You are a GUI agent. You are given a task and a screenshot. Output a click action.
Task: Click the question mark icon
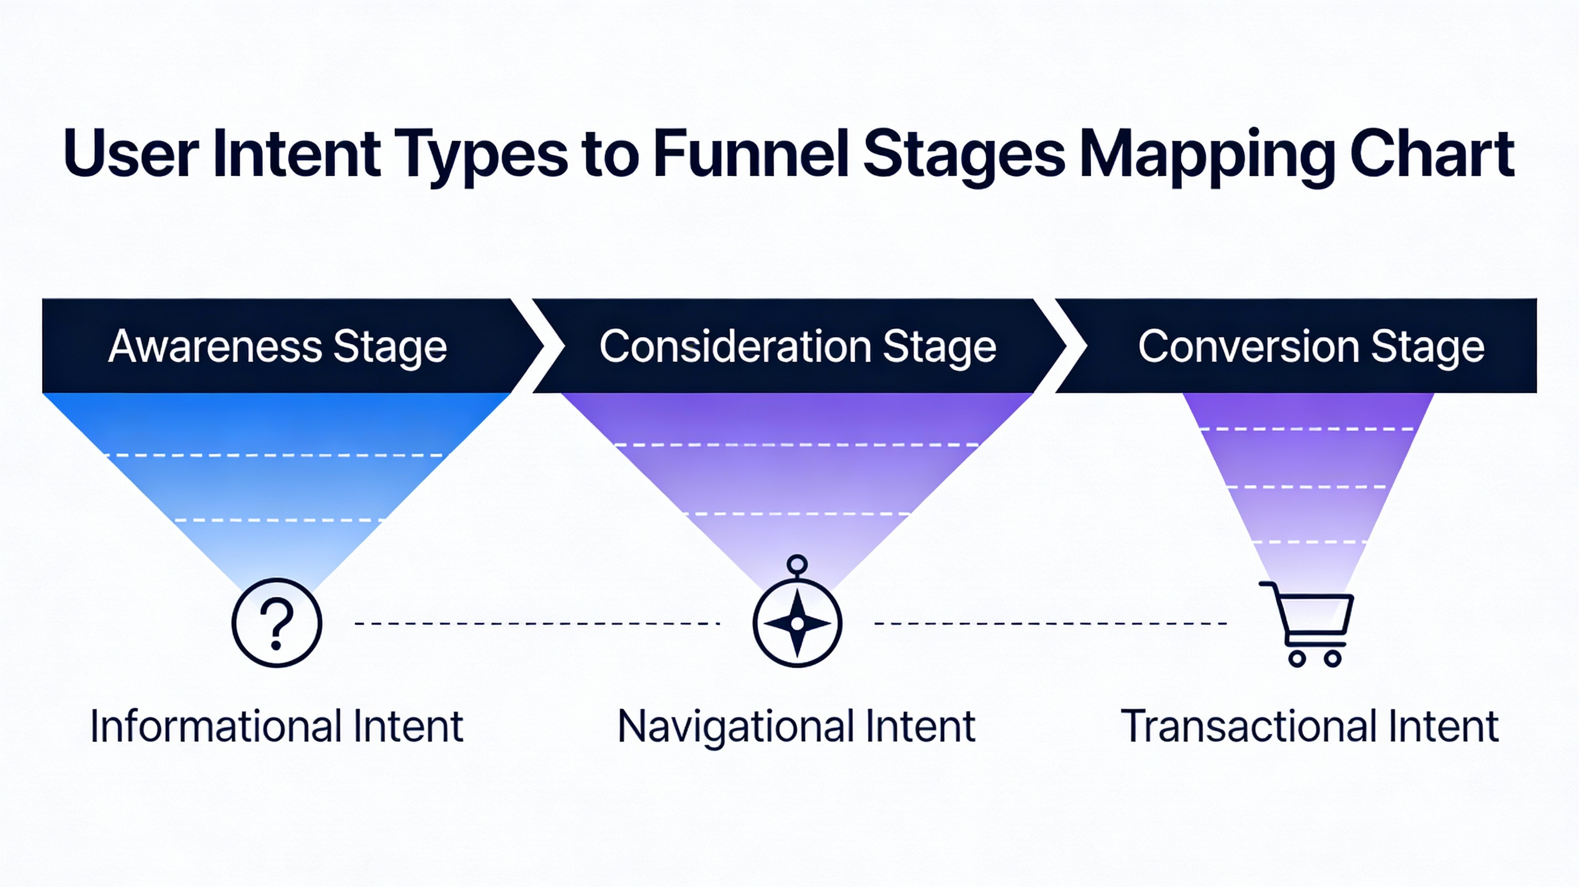click(277, 623)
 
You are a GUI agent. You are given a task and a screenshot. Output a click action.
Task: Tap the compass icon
click(797, 623)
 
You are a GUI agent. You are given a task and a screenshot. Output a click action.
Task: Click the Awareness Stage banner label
click(277, 346)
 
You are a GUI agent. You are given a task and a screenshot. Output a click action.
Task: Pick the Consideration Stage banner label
click(797, 346)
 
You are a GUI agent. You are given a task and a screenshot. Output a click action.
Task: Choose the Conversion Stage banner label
click(1311, 346)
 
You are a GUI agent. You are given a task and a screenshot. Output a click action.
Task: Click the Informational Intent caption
click(277, 726)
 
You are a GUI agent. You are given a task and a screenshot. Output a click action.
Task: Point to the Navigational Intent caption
click(796, 726)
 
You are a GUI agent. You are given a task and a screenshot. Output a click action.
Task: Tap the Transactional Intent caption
click(1310, 726)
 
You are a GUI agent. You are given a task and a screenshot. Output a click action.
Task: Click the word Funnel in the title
click(751, 153)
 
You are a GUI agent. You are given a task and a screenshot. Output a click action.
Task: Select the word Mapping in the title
click(1206, 153)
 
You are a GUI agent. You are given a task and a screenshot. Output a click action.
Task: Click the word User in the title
click(131, 153)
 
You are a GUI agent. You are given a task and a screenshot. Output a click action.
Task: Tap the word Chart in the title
click(1432, 153)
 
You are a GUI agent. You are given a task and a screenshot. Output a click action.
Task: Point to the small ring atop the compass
click(797, 563)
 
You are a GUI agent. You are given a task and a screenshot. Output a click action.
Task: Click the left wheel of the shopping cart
click(1296, 659)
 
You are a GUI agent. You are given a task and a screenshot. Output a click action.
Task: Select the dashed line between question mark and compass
click(537, 624)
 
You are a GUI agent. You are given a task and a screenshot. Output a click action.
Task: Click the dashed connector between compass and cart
click(1050, 624)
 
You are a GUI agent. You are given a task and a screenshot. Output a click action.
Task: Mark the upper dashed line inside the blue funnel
click(274, 455)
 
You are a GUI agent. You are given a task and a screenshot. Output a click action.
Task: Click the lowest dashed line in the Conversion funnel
click(1310, 542)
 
